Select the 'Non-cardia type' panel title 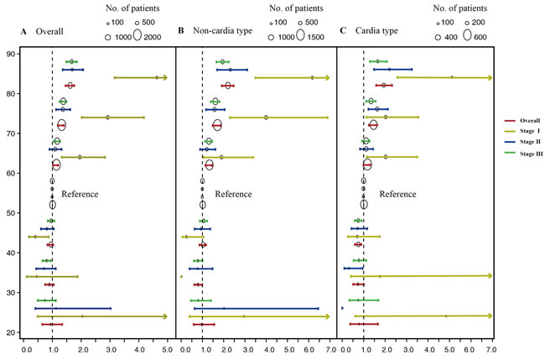pos(222,32)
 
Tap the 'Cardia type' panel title pos(377,32)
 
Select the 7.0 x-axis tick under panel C pos(491,345)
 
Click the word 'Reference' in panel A pos(80,195)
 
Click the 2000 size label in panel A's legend pos(151,38)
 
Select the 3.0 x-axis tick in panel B pos(247,345)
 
